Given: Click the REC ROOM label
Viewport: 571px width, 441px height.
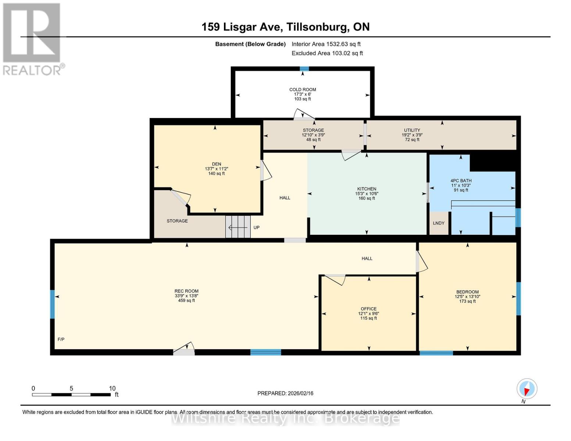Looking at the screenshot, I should coord(186,291).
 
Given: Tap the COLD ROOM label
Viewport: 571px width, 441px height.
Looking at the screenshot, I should coord(302,90).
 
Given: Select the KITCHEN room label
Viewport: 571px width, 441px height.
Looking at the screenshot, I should coord(367,189).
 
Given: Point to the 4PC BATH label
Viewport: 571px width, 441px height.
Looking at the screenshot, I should coord(461,181).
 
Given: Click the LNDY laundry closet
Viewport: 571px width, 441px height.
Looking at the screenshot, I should coord(439,223).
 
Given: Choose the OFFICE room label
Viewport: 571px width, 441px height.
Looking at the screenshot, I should coord(368,309).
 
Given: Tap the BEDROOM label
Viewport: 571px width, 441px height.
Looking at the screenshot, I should coord(467,292).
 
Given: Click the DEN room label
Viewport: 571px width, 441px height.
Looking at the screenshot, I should coord(216,164).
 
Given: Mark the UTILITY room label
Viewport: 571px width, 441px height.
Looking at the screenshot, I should coord(412,130).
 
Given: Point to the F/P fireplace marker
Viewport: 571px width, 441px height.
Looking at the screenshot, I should coord(61,339).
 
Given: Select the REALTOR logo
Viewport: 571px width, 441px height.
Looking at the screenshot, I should coord(32,39).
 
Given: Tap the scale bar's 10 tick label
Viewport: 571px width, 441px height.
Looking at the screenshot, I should coord(112,388).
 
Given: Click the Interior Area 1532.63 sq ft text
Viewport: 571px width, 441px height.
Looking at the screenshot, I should coord(326,44).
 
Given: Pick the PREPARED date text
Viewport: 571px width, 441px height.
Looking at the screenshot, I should coord(285,393).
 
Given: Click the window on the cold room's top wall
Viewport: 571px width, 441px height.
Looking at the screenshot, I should coord(304,69).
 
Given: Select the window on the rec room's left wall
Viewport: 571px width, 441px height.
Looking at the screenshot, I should coord(52,304).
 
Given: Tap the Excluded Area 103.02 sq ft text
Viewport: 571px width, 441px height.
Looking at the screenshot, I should coord(327,53).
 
